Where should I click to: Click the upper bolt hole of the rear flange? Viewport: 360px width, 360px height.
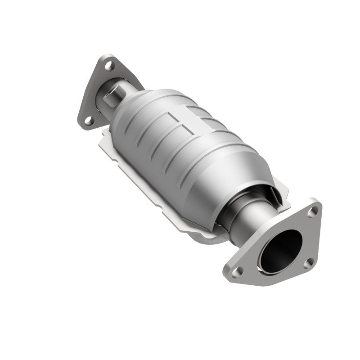(108, 66)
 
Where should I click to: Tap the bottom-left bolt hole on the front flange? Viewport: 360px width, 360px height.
(239, 270)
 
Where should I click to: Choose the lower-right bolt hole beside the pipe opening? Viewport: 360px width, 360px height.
(307, 264)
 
